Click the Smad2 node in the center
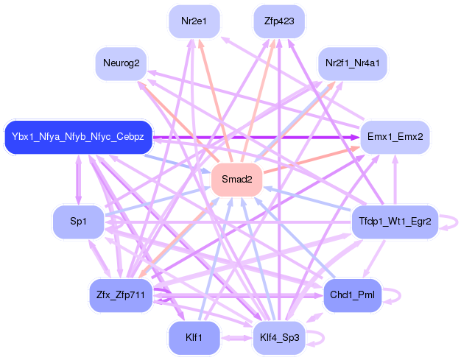236,180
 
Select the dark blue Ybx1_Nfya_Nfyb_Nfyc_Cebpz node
78,137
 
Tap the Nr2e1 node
194,21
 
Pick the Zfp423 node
279,21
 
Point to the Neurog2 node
121,63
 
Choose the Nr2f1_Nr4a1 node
352,63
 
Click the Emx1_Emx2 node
395,137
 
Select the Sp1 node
78,222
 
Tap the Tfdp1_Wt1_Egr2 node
395,222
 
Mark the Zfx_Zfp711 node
121,295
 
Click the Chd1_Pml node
352,295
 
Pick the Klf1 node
194,337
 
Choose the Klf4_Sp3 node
279,337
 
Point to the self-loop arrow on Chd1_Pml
400,295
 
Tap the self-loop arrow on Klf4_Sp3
323,338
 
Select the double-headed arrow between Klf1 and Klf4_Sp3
236,338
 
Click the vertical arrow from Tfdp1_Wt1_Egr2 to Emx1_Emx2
395,180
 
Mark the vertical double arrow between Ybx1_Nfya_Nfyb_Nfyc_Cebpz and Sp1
78,180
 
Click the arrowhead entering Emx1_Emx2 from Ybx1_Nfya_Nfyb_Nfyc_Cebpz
355,137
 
